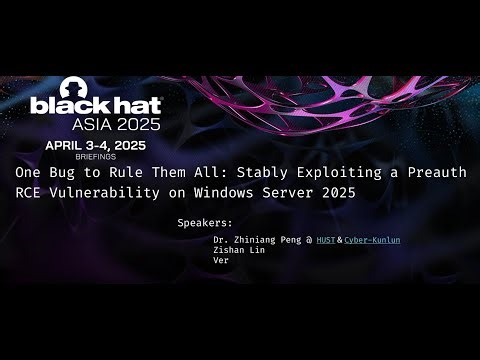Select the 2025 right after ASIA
point(146,125)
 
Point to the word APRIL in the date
point(68,145)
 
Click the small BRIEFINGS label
point(96,156)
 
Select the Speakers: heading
point(204,222)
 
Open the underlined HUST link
point(326,241)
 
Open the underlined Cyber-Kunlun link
point(372,241)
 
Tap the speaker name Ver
point(221,260)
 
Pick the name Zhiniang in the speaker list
point(257,241)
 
